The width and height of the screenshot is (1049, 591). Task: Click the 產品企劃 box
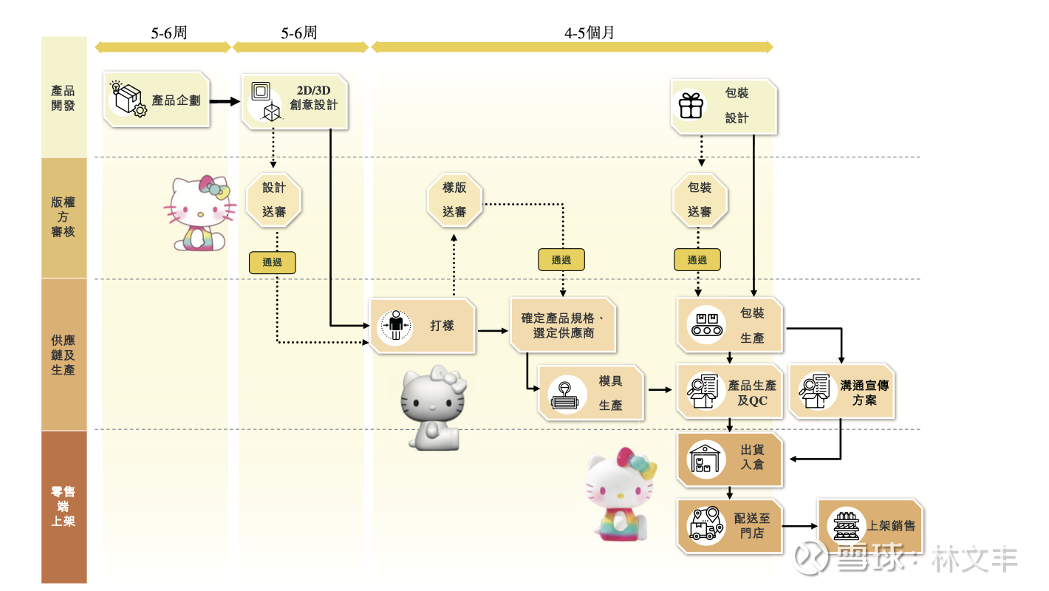pos(157,100)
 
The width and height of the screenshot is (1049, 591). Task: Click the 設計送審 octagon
pos(274,199)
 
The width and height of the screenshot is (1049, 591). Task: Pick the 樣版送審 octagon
pos(454,199)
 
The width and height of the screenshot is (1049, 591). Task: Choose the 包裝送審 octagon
pos(700,199)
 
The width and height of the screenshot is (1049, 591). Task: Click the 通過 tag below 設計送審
pos(272,262)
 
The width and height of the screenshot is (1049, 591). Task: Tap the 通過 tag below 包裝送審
pos(697,259)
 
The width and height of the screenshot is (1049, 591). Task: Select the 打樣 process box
pos(422,325)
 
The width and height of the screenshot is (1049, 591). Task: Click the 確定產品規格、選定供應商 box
pos(563,326)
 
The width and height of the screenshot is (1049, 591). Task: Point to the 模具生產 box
pos(591,393)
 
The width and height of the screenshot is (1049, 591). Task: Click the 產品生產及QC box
pos(730,392)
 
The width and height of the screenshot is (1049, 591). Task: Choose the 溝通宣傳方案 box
pos(841,392)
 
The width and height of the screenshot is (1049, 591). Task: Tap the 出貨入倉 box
pos(730,458)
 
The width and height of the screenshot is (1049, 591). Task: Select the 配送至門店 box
pos(730,525)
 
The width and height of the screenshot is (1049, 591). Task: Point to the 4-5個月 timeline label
pos(590,33)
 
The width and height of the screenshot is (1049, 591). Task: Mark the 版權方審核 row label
pos(64,217)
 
